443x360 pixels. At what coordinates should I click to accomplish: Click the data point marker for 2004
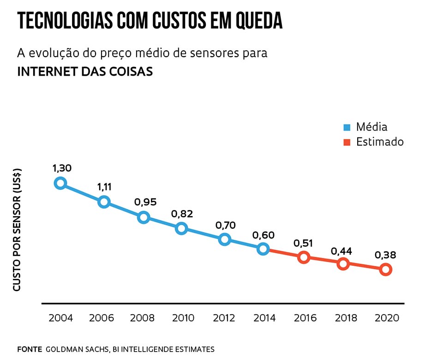point(60,183)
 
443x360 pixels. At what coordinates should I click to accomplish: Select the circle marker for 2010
point(181,228)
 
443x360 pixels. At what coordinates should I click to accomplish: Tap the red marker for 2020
point(386,270)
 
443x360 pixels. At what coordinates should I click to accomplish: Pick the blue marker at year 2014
point(263,249)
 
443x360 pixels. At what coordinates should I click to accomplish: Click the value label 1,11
point(104,187)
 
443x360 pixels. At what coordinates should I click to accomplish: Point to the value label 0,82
point(182,214)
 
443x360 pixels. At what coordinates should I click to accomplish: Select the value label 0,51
point(304,243)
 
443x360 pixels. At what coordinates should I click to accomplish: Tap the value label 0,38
point(385,255)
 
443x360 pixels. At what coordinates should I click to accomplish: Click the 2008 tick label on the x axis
point(142,318)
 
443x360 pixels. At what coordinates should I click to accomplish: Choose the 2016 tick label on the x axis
point(305,318)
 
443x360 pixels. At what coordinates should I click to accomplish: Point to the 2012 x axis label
point(224,318)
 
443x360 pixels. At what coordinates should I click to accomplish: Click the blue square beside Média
point(347,127)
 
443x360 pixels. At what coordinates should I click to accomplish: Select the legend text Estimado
point(380,142)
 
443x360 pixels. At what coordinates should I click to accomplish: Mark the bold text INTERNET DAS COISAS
point(84,72)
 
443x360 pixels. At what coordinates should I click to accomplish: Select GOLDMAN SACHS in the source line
point(76,349)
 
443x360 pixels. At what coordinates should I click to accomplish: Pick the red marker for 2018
point(342,264)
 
